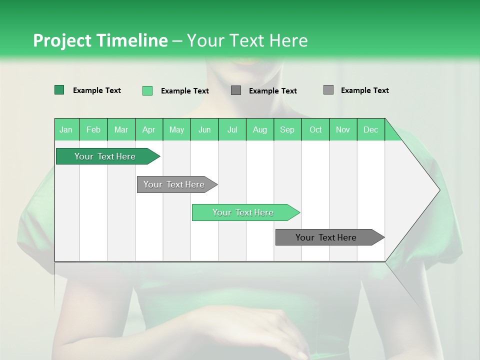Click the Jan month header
coord(66,129)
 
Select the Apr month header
coord(148,129)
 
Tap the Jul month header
coord(232,129)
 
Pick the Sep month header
coord(287,129)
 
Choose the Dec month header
coord(370,129)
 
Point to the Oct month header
coord(315,129)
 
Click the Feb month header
coord(93,129)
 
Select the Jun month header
coord(204,129)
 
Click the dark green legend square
coord(59,90)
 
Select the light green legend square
coord(147,90)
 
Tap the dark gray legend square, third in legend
coord(236,90)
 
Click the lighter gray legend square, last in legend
coord(328,90)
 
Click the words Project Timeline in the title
coord(100,40)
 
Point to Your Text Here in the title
coord(247,40)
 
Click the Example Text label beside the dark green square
coord(97,90)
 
